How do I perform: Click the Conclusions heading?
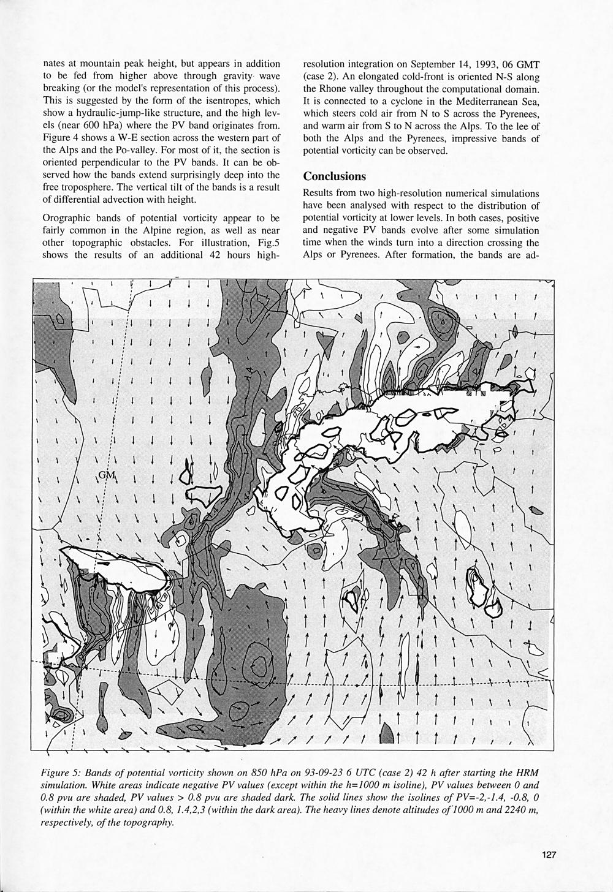click(335, 176)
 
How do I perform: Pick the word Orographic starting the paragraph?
click(67, 217)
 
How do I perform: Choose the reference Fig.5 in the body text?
click(267, 243)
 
